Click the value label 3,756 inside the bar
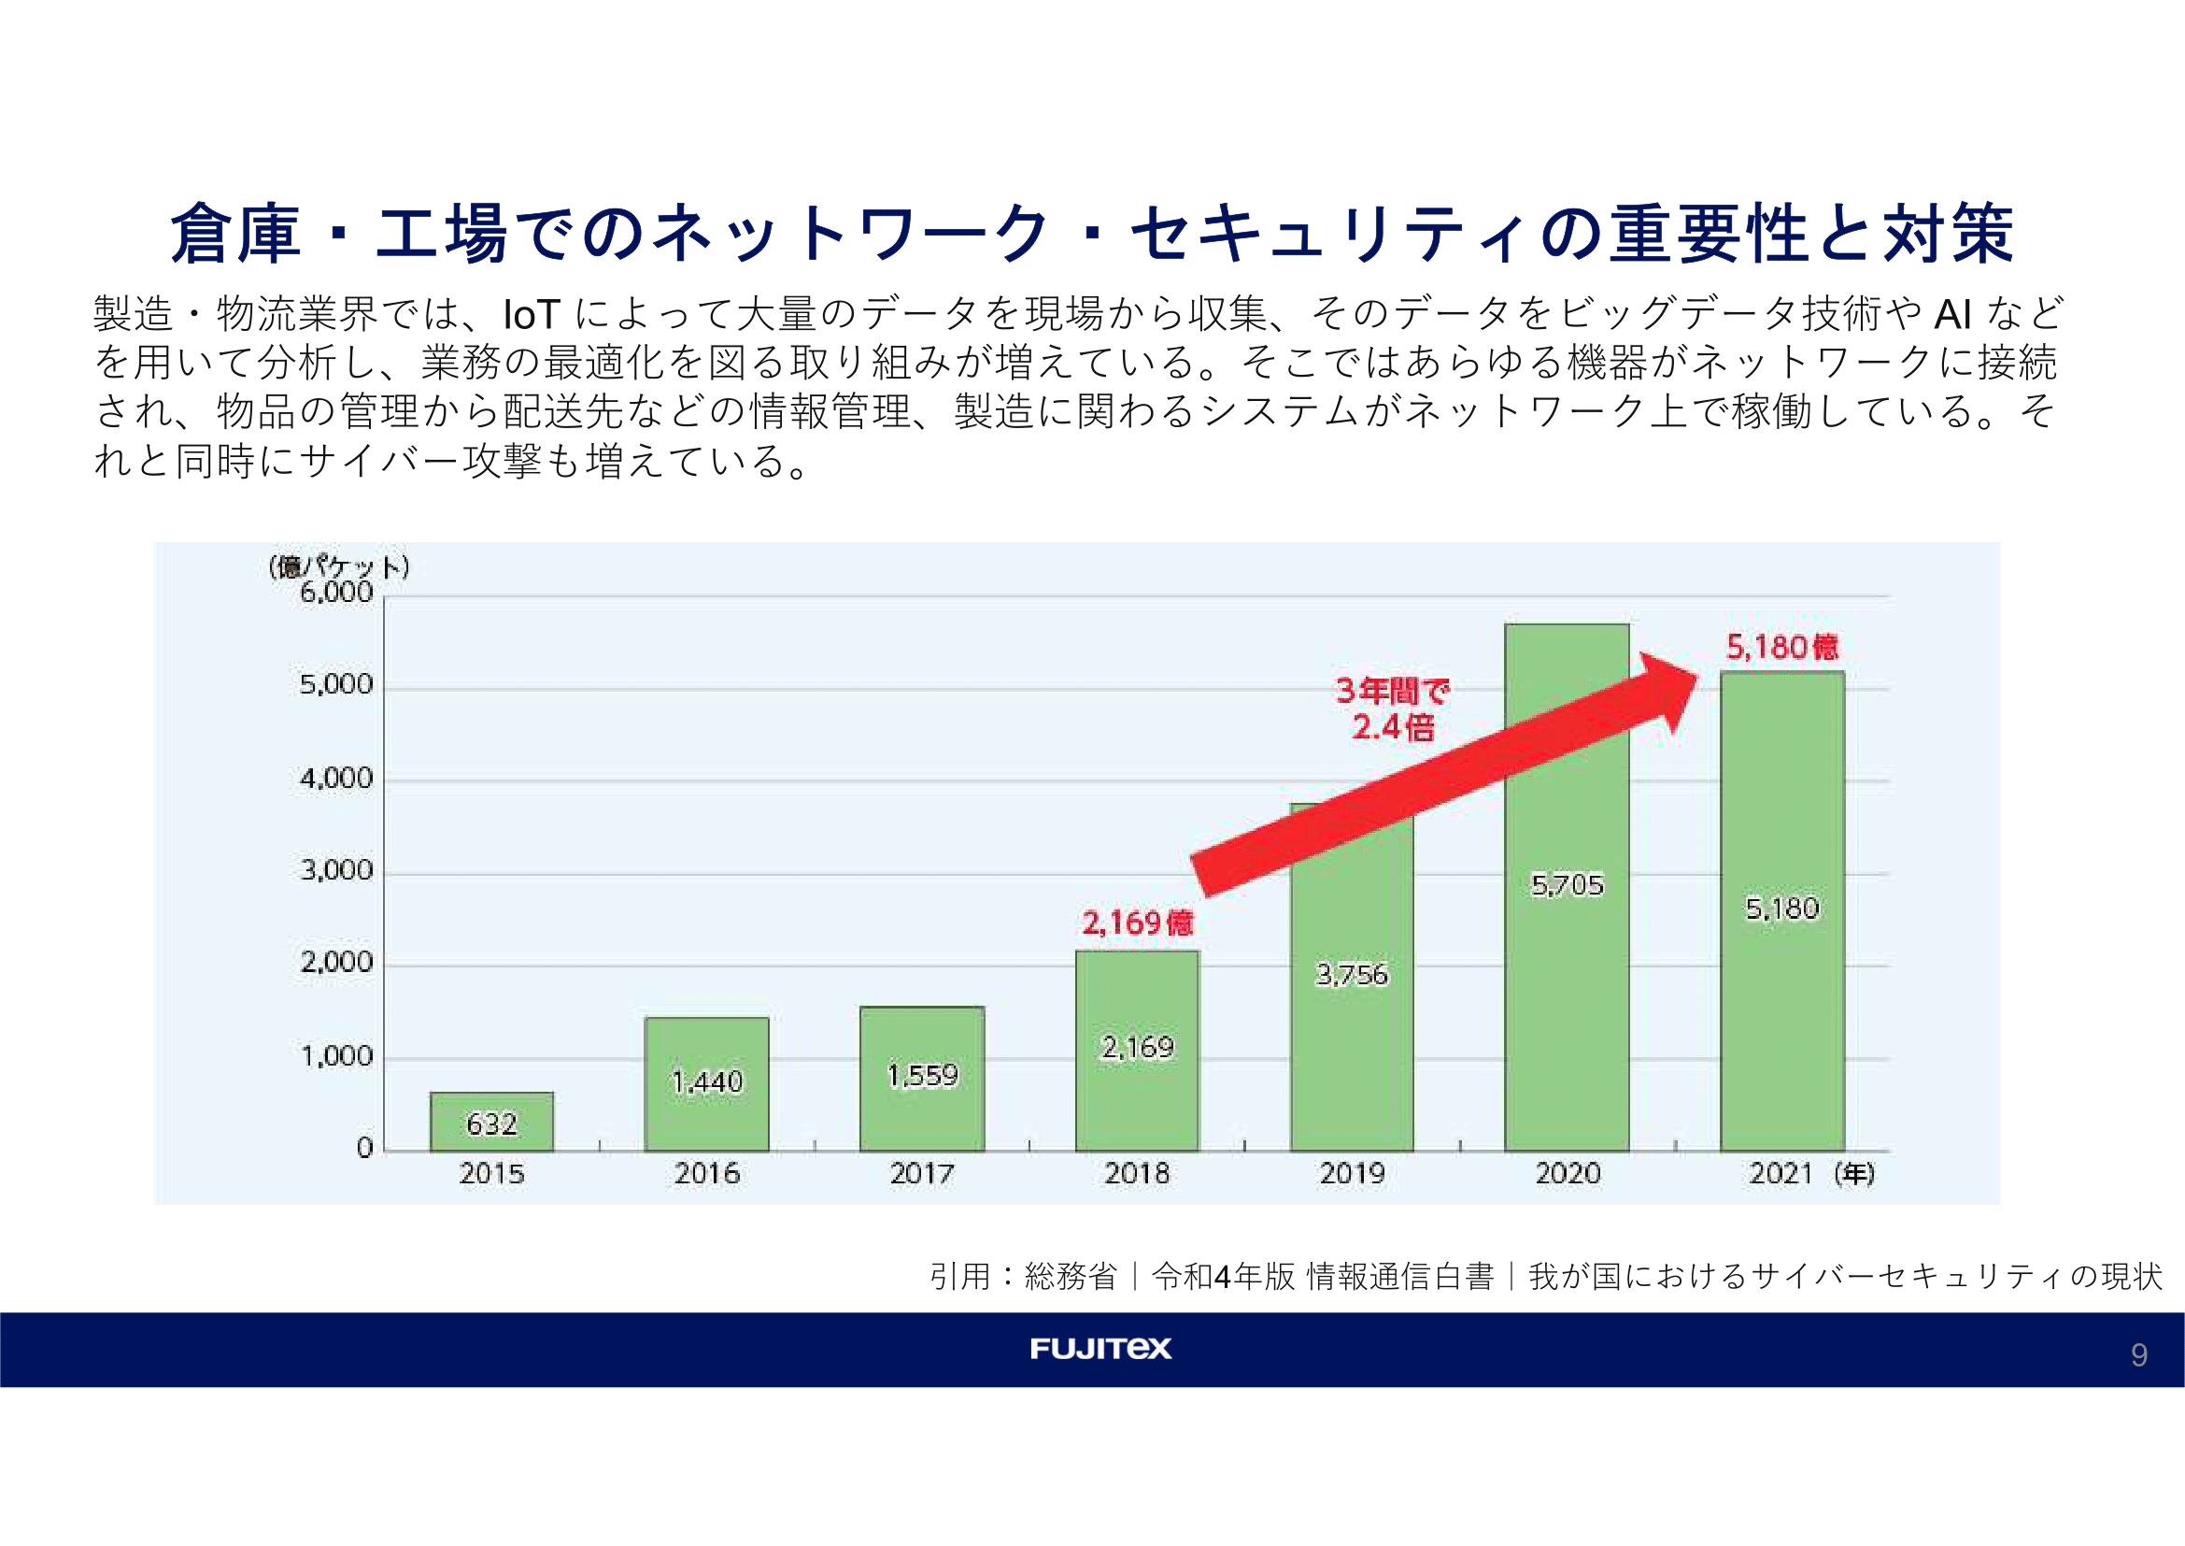(1352, 975)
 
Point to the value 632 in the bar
(491, 1124)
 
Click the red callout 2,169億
(1137, 923)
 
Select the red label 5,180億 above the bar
(1781, 648)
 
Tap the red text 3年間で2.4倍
(1391, 709)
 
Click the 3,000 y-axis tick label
(336, 870)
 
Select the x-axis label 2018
(1136, 1173)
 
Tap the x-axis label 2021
(1780, 1173)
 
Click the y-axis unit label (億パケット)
(339, 567)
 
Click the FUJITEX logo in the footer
(1100, 1348)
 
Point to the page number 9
(2139, 1354)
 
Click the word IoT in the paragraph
(531, 314)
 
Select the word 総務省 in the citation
(1071, 1277)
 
